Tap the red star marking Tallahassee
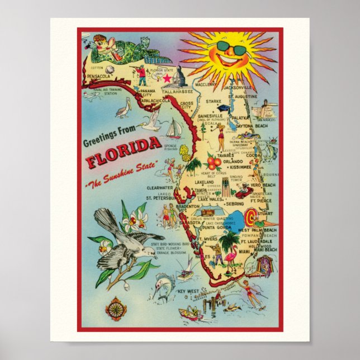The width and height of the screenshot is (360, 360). (x=165, y=78)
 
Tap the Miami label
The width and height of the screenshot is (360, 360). (x=243, y=252)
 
